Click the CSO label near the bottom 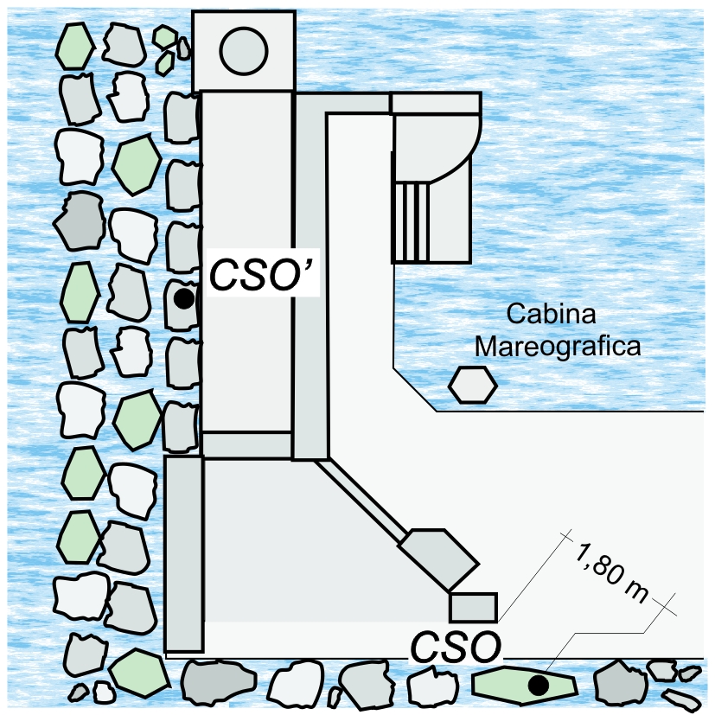click(455, 648)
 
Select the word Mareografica click(559, 347)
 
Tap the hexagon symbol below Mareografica click(472, 383)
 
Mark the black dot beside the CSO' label click(182, 299)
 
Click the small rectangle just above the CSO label click(473, 607)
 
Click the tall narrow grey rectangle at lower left click(183, 553)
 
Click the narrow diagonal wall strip click(360, 500)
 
